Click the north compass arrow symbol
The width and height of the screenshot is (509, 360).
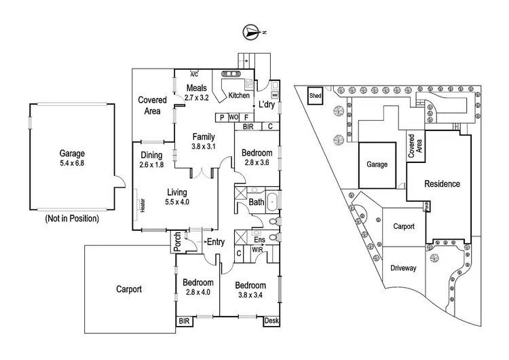pos(252,31)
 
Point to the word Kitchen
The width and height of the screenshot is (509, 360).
pos(239,96)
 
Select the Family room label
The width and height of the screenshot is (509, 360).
pos(204,141)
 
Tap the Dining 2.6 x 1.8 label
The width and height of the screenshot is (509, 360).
pos(151,159)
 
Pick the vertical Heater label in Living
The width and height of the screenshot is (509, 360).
pos(143,205)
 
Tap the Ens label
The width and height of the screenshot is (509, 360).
pos(259,240)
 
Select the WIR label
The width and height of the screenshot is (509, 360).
pos(257,251)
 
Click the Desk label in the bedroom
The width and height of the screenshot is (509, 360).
pos(271,320)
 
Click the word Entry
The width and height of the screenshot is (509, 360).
pos(216,242)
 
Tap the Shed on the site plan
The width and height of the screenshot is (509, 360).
pos(316,96)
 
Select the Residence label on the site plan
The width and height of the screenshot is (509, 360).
pos(442,184)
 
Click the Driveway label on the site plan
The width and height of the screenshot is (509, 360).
pos(403,268)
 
